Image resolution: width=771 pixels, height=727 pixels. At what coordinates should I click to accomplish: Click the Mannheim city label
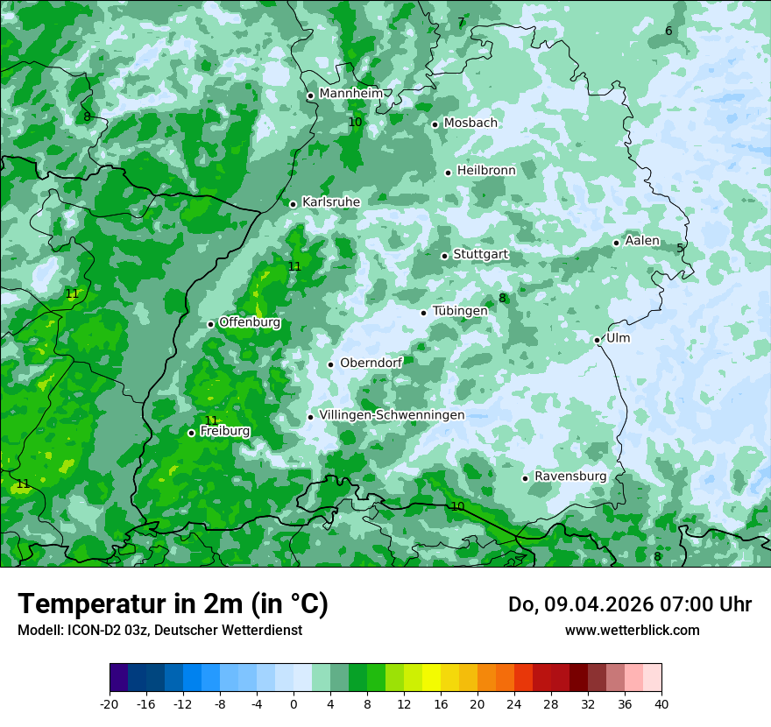pos(350,94)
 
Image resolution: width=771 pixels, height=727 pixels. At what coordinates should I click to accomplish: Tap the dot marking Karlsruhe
pos(294,204)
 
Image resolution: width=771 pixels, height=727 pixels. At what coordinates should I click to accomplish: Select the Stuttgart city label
pos(480,255)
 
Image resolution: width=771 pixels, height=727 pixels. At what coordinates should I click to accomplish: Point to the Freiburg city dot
pos(191,433)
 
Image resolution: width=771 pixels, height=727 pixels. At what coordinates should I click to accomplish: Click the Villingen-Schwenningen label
pos(392,415)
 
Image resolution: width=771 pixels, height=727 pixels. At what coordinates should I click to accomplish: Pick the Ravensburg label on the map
pos(570,476)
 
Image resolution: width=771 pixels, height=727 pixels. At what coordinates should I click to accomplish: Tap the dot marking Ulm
pos(597,340)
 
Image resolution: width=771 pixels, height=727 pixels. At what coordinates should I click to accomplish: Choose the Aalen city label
pos(642,241)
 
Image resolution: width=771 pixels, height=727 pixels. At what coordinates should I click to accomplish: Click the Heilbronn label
pos(486,171)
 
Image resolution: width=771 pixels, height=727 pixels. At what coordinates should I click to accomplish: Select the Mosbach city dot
pos(435,124)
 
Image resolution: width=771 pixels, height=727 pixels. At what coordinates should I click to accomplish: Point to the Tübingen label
pos(460,312)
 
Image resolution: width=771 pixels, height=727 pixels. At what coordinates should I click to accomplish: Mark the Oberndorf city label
pos(371,363)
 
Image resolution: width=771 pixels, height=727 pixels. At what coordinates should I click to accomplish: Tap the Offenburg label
pos(250,322)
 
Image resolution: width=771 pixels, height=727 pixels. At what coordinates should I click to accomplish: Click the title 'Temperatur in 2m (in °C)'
pos(173,604)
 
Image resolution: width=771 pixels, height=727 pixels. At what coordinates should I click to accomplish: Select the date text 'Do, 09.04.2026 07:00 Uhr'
pos(629,604)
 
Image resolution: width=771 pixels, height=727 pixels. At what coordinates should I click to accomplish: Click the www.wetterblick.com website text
pos(632,631)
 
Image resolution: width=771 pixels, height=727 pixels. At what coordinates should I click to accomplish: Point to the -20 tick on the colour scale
pos(110,703)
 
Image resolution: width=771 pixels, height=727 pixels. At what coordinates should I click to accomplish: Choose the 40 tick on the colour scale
pos(661,703)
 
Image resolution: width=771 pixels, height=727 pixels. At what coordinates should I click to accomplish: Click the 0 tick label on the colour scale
pos(294,703)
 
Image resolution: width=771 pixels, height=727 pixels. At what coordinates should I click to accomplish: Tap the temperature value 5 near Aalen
pos(680,249)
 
